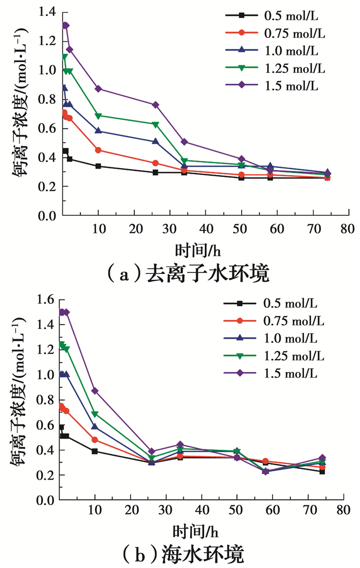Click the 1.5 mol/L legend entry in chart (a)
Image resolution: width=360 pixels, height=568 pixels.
click(278, 85)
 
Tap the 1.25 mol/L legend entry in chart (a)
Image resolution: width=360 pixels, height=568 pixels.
click(278, 68)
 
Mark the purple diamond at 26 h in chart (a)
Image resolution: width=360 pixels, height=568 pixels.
click(156, 105)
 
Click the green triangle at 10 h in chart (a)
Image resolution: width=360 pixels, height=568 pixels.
click(98, 116)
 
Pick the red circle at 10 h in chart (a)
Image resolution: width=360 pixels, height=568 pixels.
click(98, 150)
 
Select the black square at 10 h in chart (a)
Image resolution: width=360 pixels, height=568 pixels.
click(98, 166)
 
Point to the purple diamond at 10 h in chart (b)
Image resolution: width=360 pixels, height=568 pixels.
click(95, 391)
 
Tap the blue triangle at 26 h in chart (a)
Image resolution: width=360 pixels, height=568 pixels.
click(156, 141)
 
